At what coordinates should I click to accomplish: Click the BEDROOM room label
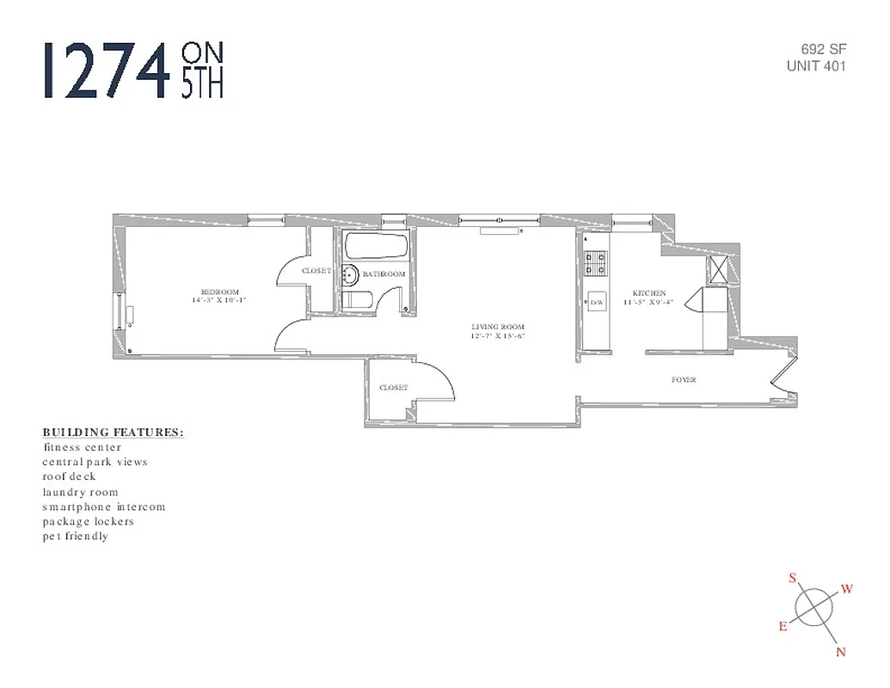point(219,292)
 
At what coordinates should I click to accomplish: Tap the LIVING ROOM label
point(497,327)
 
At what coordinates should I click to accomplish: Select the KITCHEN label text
point(649,293)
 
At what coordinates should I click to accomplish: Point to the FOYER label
point(684,379)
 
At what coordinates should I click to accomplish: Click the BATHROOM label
point(384,274)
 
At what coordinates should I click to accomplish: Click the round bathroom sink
point(349,275)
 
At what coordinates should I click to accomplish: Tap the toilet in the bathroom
point(357,301)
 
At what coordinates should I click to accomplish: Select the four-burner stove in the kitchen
point(596,262)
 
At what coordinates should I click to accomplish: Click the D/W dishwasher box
point(597,303)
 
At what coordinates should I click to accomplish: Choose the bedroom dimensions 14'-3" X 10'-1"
point(219,301)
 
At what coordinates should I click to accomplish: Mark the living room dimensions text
point(497,336)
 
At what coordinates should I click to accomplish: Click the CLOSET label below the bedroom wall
point(393,388)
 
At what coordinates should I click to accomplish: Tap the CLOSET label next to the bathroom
point(316,271)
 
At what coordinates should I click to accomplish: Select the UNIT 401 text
point(816,66)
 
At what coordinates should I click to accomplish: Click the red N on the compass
point(841,652)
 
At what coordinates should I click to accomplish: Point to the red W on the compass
point(846,589)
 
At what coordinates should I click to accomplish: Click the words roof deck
point(70,476)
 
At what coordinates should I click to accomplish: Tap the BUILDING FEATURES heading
point(113,432)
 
